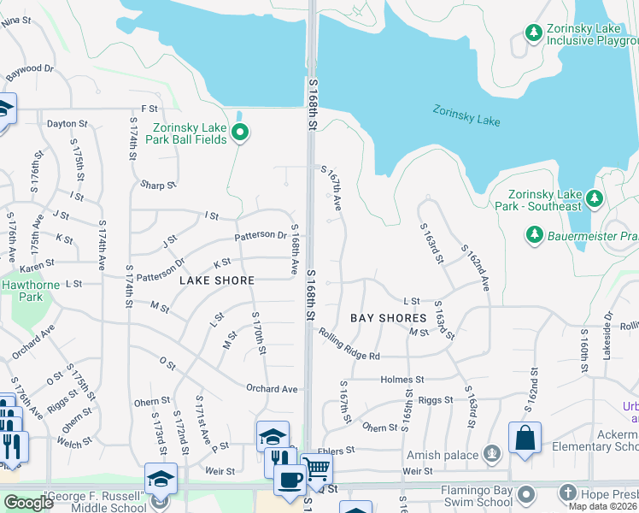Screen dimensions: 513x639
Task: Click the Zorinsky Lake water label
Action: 466,115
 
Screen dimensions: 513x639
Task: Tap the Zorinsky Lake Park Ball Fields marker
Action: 240,133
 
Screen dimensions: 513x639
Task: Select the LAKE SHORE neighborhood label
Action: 217,280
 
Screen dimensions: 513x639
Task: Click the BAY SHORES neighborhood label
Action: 388,318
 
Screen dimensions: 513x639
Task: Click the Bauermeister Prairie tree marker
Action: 534,233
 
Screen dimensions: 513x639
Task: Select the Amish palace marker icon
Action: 491,453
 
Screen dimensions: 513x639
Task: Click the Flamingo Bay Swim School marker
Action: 526,493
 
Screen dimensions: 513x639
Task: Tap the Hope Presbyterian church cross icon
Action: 570,493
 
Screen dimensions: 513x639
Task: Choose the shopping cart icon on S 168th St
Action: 316,468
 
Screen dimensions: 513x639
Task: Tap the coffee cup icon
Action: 290,480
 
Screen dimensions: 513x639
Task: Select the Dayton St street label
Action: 62,124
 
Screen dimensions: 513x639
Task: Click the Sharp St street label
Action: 158,185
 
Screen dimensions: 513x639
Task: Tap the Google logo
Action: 28,503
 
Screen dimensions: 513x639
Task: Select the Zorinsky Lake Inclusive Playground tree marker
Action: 534,32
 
